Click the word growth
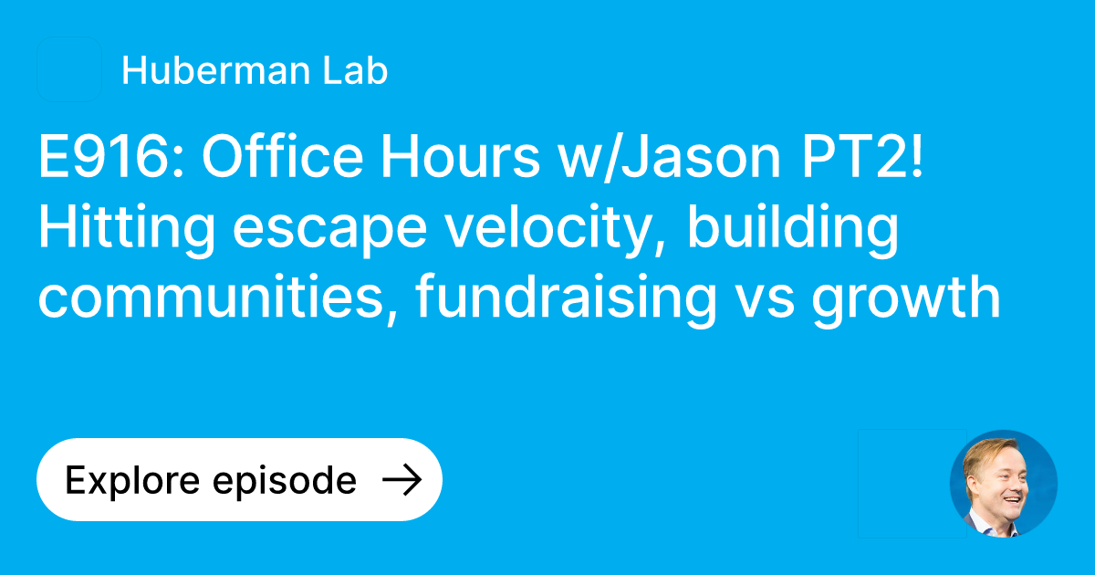point(907,299)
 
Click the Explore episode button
point(239,480)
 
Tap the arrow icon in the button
point(401,480)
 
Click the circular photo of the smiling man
point(1003,484)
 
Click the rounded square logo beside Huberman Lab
point(69,69)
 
